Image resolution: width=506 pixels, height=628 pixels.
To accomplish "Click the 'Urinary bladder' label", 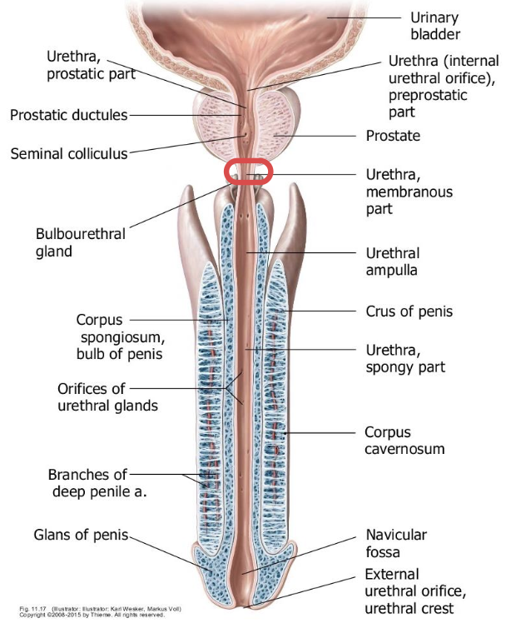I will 434,26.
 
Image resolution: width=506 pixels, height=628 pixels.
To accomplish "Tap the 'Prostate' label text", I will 393,135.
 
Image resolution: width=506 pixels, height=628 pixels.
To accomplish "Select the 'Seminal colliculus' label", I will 69,153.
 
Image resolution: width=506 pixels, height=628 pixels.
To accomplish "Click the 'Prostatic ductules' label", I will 68,115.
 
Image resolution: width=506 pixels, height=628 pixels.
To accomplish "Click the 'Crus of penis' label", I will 409,312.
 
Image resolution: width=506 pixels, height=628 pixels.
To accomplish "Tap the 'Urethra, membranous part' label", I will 398,192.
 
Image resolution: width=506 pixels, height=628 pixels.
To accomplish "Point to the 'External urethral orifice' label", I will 414,583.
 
